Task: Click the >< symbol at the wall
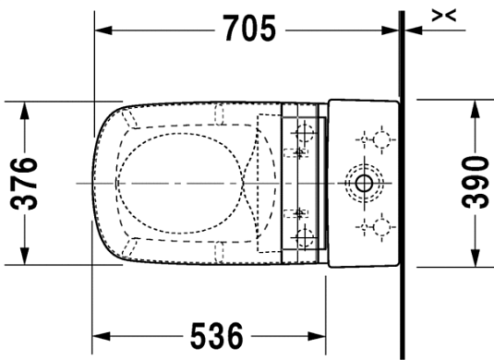coord(445,13)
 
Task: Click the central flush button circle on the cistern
coord(362,182)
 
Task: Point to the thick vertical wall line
coord(403,185)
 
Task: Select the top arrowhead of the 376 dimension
coord(26,107)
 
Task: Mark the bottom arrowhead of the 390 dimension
coord(474,259)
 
